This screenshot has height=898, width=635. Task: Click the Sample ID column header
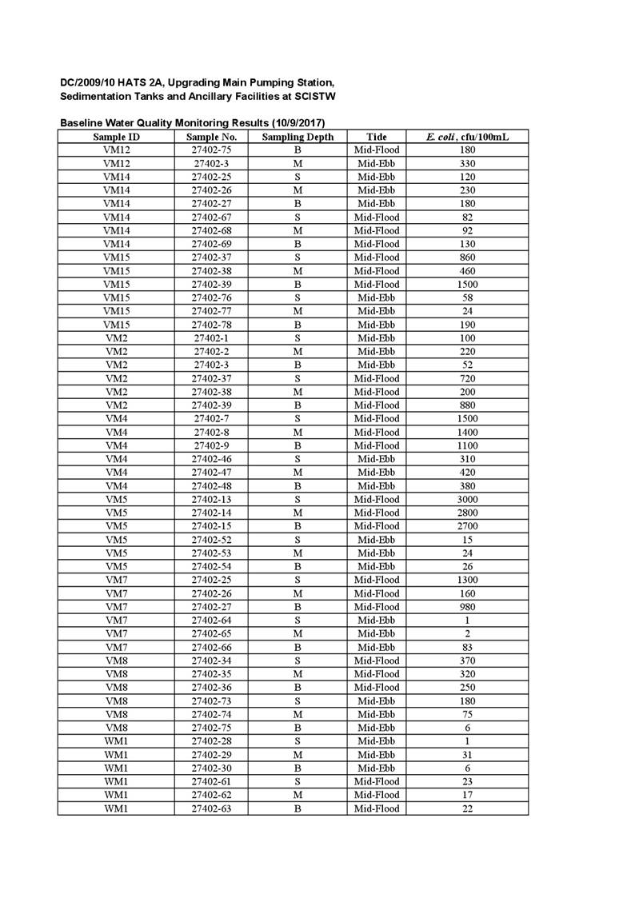115,137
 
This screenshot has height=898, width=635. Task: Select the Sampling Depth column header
298,137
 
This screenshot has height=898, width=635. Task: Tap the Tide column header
377,137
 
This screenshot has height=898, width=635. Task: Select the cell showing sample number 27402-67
211,217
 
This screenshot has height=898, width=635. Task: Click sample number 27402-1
211,337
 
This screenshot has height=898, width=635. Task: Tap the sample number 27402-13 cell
211,499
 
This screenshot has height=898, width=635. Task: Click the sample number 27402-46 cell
211,459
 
